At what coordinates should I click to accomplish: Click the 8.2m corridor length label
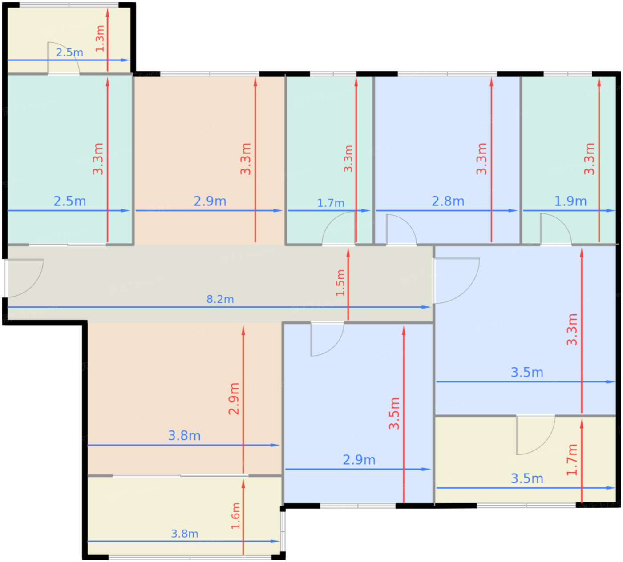[x=220, y=299]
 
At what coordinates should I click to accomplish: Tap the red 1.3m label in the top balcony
[x=100, y=39]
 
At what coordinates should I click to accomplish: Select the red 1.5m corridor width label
[x=340, y=283]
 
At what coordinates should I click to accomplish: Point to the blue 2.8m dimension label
[x=448, y=201]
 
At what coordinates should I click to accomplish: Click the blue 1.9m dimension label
[x=570, y=201]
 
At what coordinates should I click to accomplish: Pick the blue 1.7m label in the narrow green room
[x=331, y=203]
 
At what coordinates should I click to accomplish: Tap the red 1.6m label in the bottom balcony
[x=235, y=516]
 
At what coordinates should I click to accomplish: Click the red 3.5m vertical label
[x=394, y=413]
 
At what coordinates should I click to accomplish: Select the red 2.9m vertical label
[x=234, y=399]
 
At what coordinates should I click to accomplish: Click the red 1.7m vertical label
[x=572, y=460]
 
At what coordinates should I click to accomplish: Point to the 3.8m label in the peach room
[x=184, y=435]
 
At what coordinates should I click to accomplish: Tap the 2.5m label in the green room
[x=69, y=201]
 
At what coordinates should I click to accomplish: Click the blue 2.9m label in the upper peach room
[x=210, y=201]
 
